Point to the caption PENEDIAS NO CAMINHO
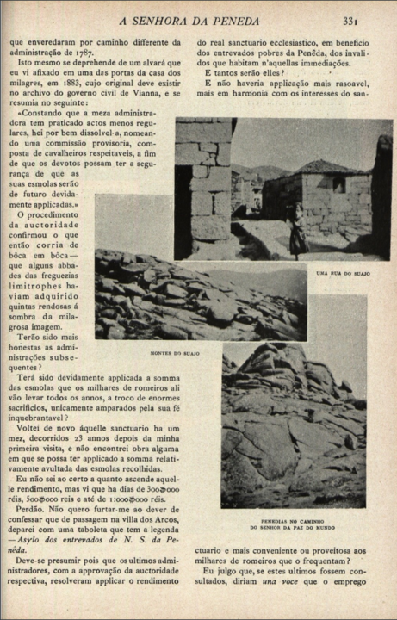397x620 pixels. (x=292, y=520)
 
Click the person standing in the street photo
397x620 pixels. (x=297, y=230)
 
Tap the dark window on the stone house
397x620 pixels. (x=338, y=183)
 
